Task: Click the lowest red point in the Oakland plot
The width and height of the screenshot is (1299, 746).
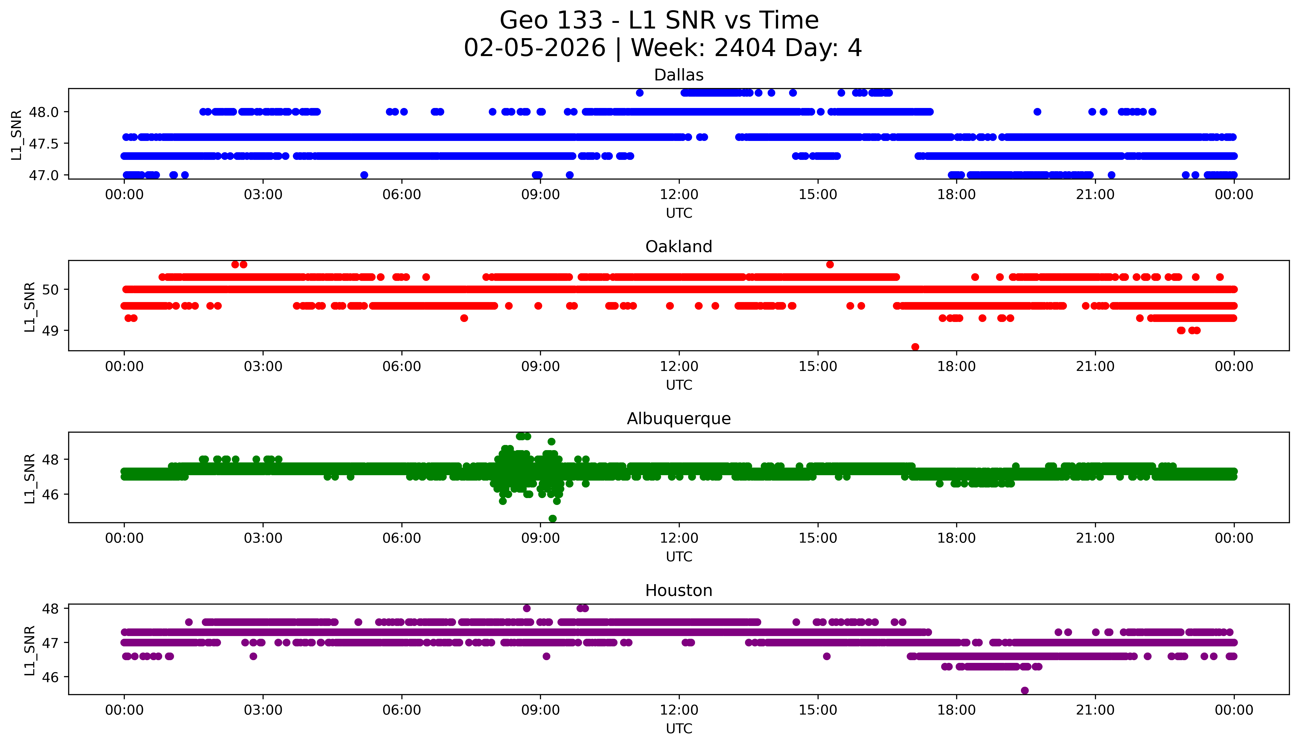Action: click(915, 347)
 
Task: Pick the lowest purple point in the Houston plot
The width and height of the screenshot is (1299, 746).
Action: click(1025, 690)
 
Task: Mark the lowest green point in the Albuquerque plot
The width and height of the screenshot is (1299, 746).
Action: click(553, 518)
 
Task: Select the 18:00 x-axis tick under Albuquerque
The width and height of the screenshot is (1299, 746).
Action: click(957, 538)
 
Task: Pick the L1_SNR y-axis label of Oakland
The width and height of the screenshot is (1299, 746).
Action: click(30, 306)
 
